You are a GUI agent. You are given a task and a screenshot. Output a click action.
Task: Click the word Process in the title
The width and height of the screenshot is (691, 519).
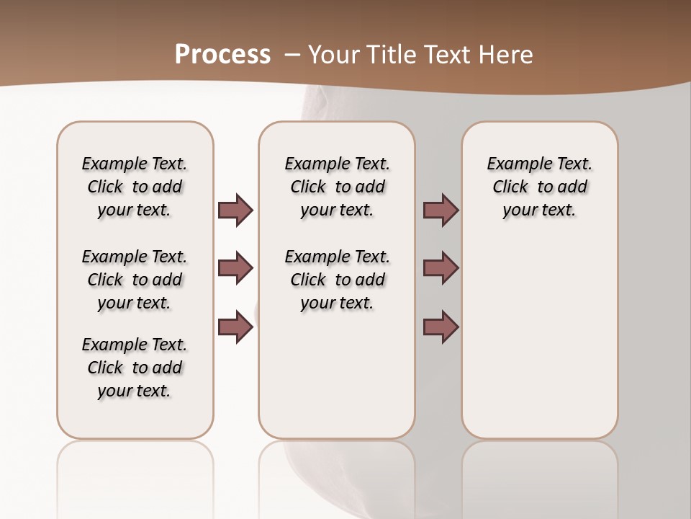222,54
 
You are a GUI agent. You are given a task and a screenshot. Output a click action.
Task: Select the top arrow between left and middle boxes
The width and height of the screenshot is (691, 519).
235,210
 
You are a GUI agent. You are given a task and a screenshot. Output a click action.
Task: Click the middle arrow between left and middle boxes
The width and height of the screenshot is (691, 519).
235,268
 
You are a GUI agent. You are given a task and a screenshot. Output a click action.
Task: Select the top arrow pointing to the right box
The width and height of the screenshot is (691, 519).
441,210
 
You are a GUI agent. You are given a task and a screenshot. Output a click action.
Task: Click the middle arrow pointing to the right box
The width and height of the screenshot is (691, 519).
441,268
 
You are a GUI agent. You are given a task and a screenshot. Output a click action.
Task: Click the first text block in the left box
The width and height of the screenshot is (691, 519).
135,187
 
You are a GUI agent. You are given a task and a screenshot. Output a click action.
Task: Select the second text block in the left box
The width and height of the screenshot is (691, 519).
135,280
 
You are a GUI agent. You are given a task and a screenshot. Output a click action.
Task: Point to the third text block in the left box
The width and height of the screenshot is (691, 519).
135,368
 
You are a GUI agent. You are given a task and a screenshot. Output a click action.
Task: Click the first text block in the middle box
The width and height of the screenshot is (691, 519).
337,187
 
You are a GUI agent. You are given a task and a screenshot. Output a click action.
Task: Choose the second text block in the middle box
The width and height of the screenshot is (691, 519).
337,280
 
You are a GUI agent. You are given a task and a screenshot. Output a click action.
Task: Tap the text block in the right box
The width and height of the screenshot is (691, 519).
539,187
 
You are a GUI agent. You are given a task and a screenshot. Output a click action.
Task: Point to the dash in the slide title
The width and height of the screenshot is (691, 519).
292,54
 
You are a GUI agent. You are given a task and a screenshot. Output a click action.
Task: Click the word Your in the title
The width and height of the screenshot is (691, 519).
334,54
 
